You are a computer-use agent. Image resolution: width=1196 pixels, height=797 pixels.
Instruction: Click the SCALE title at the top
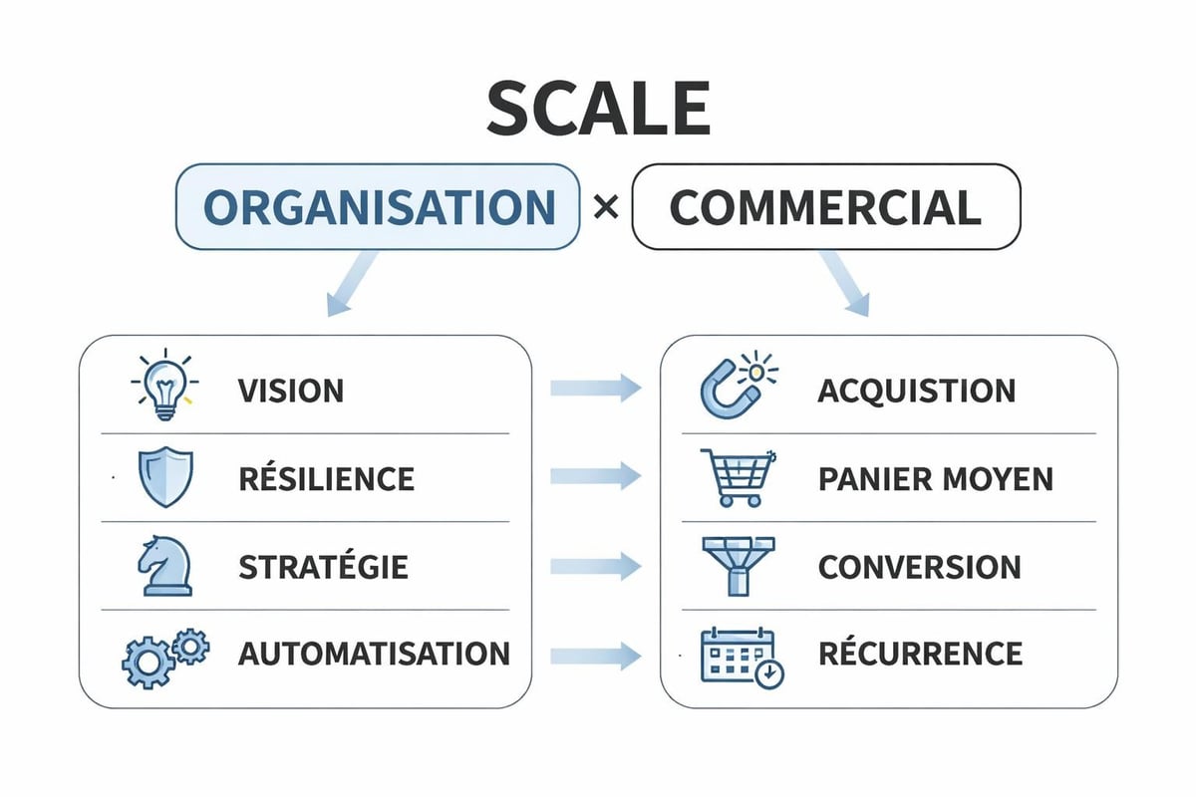[598, 109]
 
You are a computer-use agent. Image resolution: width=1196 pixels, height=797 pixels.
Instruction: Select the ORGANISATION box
[378, 207]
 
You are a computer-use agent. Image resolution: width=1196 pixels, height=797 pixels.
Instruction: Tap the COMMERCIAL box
[826, 207]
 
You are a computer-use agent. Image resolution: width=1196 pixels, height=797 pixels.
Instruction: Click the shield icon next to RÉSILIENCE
[163, 477]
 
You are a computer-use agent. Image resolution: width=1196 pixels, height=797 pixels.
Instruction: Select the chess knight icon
[163, 566]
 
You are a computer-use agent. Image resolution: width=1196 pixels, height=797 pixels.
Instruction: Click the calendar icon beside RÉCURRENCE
[741, 656]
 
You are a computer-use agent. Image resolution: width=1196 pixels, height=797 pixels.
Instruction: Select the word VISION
[291, 391]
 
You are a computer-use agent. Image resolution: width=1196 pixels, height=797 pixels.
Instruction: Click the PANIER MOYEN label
[935, 478]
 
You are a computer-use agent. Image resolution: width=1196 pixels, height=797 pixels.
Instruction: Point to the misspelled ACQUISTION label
[916, 391]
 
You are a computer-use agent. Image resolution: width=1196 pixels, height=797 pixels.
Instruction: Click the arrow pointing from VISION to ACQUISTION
[595, 389]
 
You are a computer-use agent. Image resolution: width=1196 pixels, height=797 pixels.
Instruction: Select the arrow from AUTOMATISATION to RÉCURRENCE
[595, 656]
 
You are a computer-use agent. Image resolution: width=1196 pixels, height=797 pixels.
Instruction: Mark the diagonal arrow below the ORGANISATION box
[352, 285]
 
